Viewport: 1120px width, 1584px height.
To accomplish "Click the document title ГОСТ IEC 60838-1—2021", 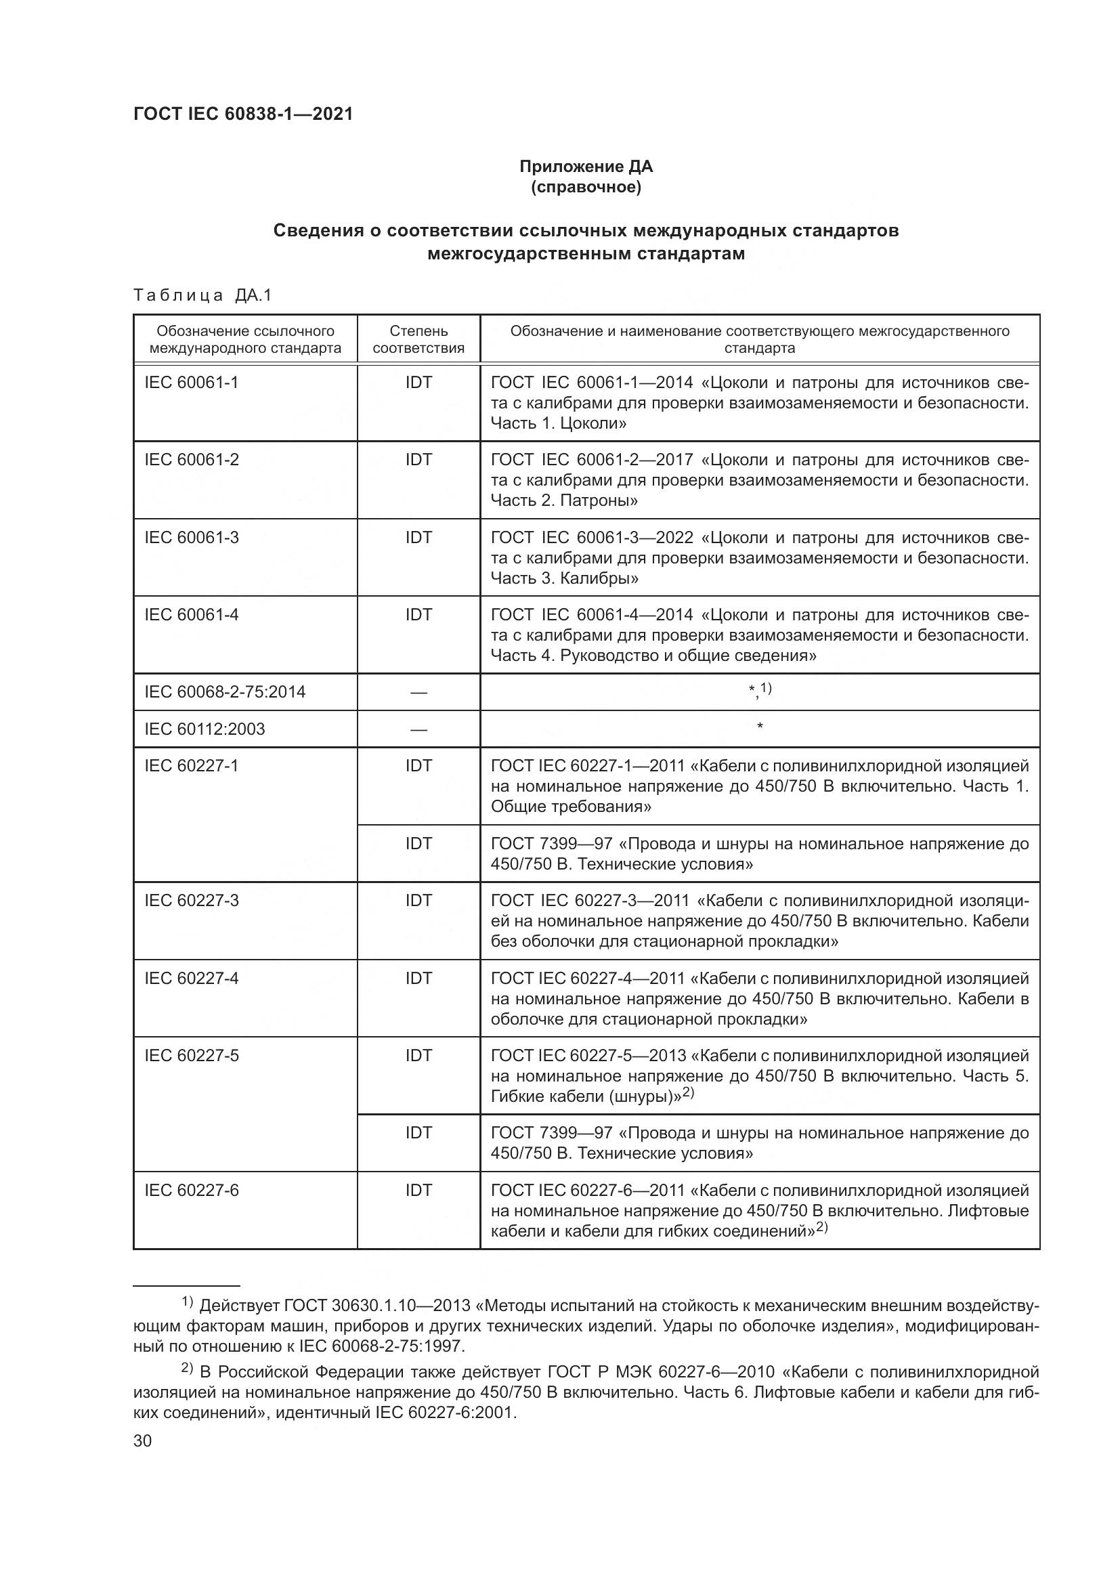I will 243,114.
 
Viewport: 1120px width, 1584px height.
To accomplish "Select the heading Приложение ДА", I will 586,167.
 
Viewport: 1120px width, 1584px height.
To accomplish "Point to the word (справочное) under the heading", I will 586,187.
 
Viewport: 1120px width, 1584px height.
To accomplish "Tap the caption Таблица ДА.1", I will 202,295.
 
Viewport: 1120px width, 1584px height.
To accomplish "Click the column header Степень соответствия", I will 418,339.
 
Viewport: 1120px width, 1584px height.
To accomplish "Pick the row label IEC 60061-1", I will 191,382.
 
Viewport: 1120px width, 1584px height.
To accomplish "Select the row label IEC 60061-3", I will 191,537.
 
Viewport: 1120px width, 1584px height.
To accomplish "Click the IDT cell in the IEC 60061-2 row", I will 418,459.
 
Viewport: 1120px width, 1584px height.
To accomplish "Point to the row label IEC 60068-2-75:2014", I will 225,691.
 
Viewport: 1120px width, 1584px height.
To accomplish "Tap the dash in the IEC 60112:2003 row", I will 418,729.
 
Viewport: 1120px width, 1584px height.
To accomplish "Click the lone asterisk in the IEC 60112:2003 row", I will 759,727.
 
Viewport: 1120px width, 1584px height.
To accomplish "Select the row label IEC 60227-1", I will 191,765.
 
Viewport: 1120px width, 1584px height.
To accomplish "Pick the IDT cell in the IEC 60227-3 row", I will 418,900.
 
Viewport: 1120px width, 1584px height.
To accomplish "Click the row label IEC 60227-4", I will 191,978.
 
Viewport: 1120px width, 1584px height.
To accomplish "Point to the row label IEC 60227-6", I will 191,1190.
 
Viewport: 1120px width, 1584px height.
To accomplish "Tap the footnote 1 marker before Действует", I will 187,1302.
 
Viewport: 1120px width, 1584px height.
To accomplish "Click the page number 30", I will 142,1441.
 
